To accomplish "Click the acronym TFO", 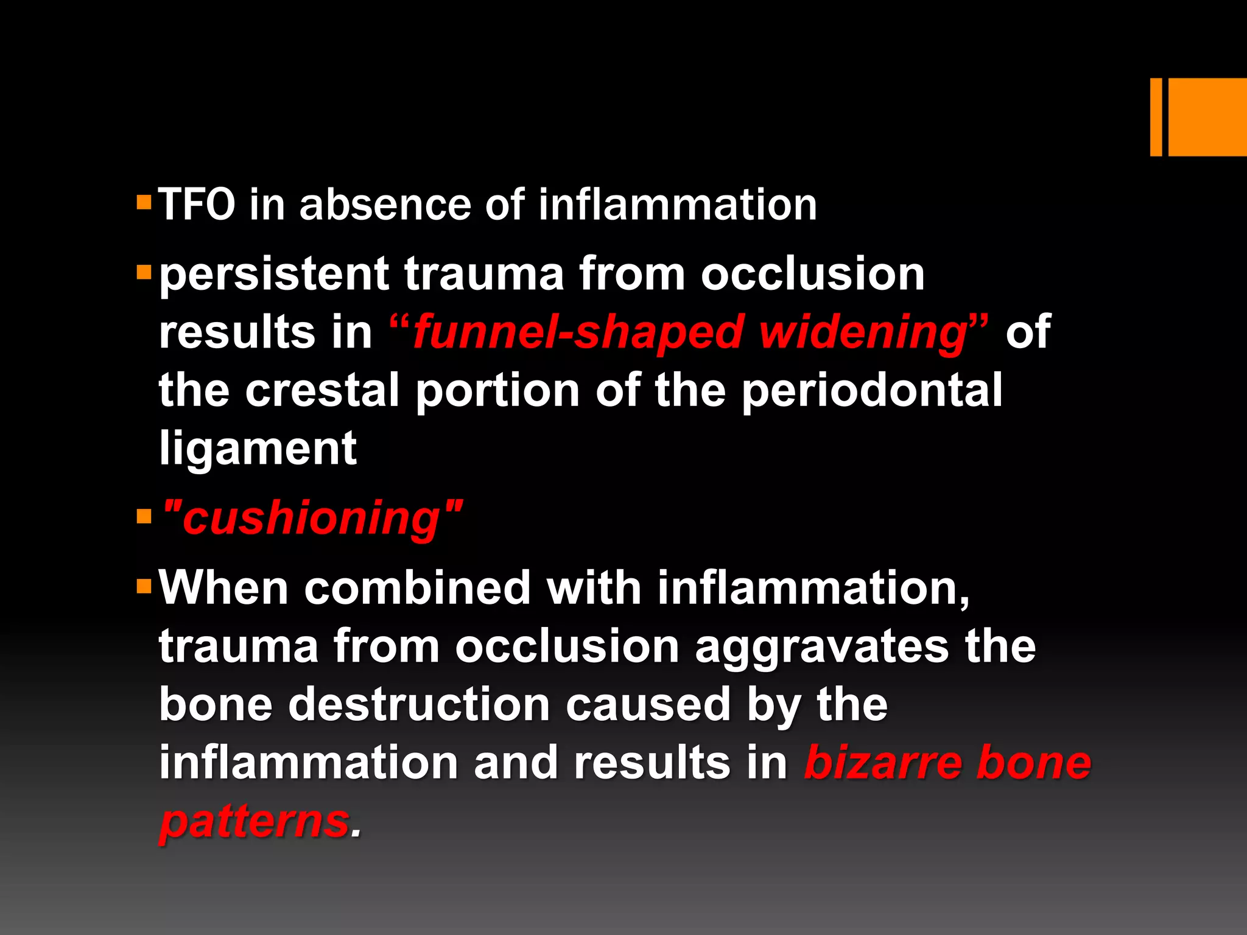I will pos(197,205).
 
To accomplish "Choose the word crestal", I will pos(322,391).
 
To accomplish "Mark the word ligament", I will pos(258,449).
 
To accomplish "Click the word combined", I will pos(418,588).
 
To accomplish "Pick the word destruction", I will pos(420,705).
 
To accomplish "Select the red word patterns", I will pos(255,822).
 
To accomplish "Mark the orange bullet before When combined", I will pos(144,587).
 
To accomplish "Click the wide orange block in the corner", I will pos(1207,117).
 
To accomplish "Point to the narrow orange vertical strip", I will pos(1156,117).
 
